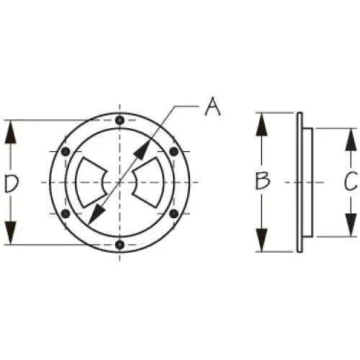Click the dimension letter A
click(x=212, y=107)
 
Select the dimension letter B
click(x=263, y=181)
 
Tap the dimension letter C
click(x=351, y=181)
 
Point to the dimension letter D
click(x=12, y=184)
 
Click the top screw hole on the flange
click(x=120, y=120)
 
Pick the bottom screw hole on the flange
click(x=120, y=245)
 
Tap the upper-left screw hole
click(x=66, y=151)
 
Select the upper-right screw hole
click(x=174, y=151)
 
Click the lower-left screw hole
click(x=66, y=213)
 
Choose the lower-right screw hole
click(x=174, y=213)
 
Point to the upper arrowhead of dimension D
click(x=11, y=132)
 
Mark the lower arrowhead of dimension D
click(x=11, y=233)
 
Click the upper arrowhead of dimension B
click(x=261, y=125)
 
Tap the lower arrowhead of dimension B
click(x=261, y=240)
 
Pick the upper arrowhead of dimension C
click(x=351, y=140)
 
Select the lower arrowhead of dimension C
click(x=351, y=225)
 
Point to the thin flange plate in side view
click(x=300, y=182)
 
